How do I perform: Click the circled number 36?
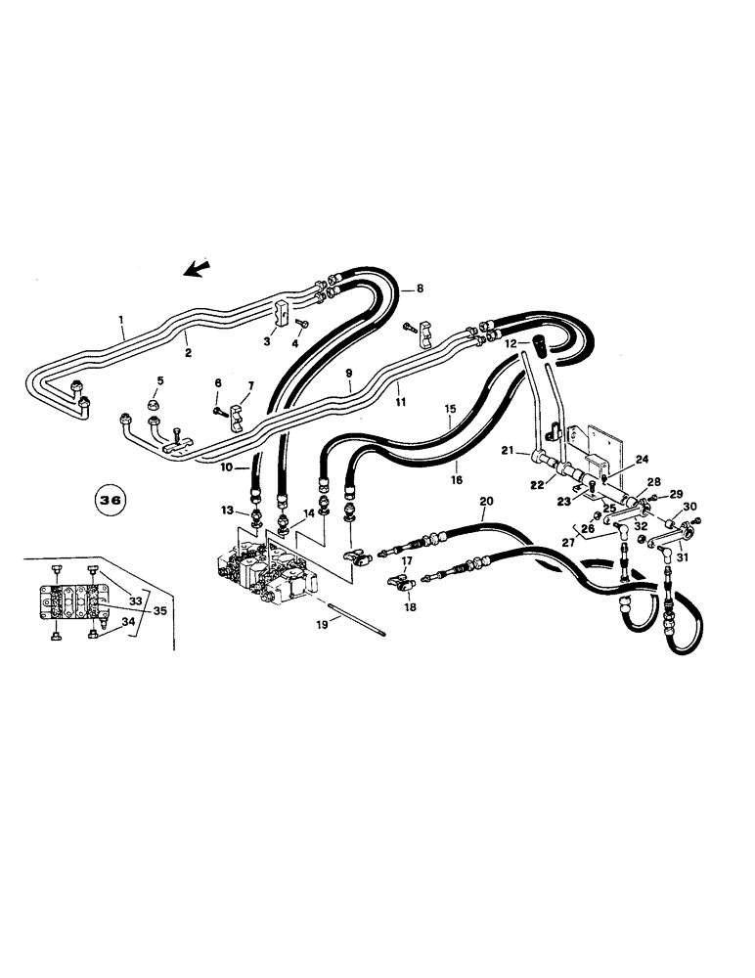(x=111, y=499)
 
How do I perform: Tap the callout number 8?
(x=421, y=289)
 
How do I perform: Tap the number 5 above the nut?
(x=160, y=380)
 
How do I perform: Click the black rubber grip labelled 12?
(x=537, y=346)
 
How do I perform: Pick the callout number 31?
(x=682, y=558)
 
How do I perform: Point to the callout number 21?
(x=508, y=449)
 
